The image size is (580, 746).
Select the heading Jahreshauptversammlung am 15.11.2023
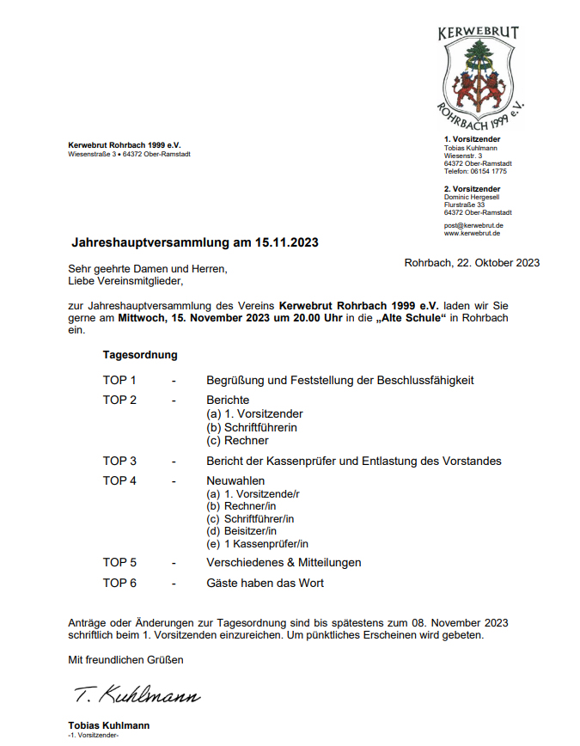pyautogui.click(x=194, y=243)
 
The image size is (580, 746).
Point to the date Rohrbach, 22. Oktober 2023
pyautogui.click(x=472, y=263)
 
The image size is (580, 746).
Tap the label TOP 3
pyautogui.click(x=119, y=461)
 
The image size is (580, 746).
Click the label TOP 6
pyautogui.click(x=119, y=583)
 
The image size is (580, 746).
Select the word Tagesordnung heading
pyautogui.click(x=140, y=354)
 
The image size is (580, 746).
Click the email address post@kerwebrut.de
pyautogui.click(x=473, y=225)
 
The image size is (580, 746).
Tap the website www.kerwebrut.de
pyautogui.click(x=473, y=233)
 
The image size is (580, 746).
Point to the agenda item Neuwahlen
pyautogui.click(x=235, y=480)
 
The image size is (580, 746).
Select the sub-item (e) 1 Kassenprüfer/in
pyautogui.click(x=257, y=543)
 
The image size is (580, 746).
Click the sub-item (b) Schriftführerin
pyautogui.click(x=250, y=427)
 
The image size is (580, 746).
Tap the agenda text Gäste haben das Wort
pyautogui.click(x=265, y=583)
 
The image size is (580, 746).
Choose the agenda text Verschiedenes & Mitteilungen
pyautogui.click(x=284, y=562)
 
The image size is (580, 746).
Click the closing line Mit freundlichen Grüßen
pyautogui.click(x=125, y=660)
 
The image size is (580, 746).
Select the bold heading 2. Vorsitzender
pyautogui.click(x=473, y=188)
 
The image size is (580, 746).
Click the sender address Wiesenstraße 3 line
pyautogui.click(x=129, y=154)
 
